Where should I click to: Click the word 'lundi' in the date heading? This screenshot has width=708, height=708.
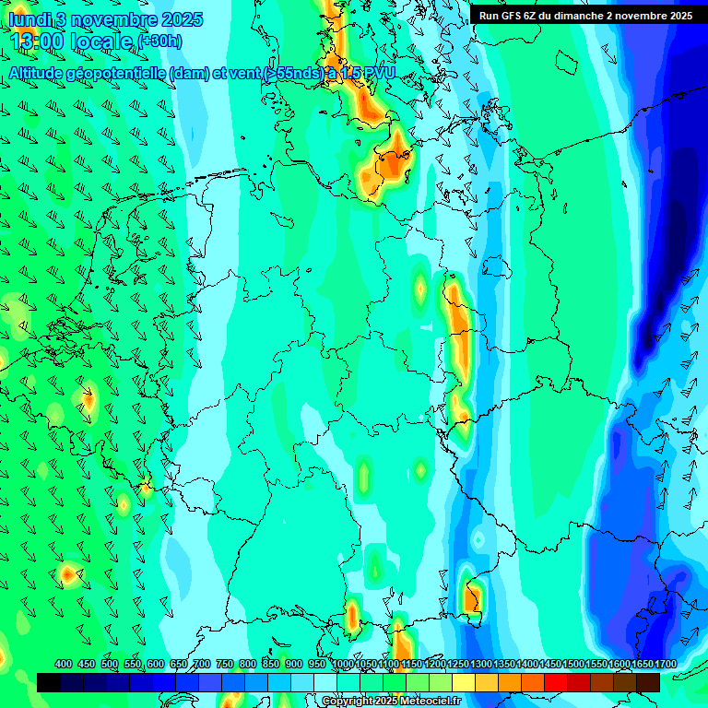pos(30,19)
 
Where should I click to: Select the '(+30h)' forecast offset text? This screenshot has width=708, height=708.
pos(159,41)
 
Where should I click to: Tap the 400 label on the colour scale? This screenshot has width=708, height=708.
pos(64,665)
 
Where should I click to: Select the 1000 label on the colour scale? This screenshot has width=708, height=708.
pos(343,665)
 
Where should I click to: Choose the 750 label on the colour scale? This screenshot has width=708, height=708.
pos(225,665)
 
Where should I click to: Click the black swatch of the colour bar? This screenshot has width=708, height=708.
pos(49,682)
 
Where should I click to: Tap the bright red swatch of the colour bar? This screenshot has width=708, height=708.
pos(555,682)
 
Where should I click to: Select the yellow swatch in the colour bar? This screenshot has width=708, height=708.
pos(463,682)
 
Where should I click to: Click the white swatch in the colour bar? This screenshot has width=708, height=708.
pos(324,682)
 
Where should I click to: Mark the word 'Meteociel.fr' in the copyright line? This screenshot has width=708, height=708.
pos(431,702)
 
